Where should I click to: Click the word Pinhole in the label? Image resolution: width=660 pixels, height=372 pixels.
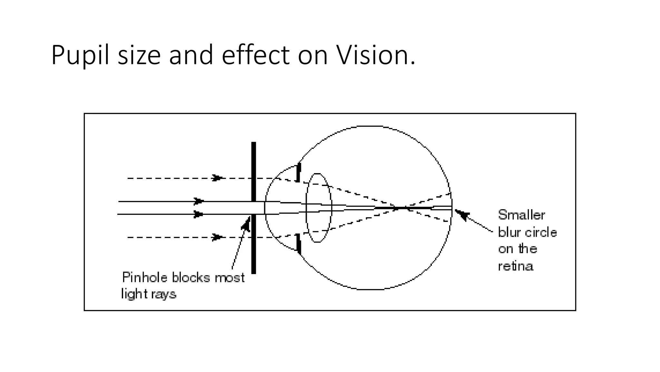click(145, 277)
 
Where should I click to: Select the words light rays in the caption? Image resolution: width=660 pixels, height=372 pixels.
click(149, 294)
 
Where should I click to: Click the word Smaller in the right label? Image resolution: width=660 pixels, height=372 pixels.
click(521, 215)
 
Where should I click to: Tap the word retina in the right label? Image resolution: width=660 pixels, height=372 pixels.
click(516, 266)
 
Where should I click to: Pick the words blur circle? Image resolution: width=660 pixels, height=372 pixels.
click(527, 232)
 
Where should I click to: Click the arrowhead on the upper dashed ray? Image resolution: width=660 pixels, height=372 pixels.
click(217, 178)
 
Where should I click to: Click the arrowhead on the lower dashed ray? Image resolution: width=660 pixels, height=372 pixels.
click(217, 237)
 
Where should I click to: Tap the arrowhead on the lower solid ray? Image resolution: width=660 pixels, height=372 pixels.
click(198, 214)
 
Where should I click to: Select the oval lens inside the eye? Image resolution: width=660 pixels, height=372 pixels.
click(318, 208)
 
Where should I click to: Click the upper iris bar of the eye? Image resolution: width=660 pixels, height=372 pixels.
click(298, 172)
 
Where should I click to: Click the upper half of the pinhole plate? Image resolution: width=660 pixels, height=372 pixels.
click(254, 171)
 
